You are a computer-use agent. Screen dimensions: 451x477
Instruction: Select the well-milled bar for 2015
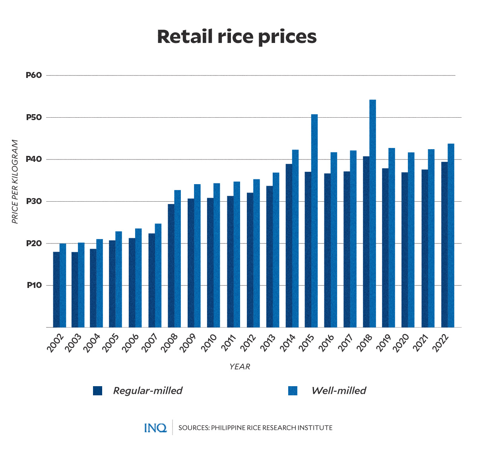point(314,221)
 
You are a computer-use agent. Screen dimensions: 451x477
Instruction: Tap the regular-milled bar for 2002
point(56,290)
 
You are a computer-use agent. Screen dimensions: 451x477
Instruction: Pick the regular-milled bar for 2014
point(289,245)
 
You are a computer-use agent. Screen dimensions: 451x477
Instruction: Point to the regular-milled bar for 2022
point(444,245)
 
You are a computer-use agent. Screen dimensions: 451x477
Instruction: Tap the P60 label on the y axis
point(34,75)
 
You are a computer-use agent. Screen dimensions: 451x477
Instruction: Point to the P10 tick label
point(34,285)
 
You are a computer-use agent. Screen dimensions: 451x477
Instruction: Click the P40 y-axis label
point(34,159)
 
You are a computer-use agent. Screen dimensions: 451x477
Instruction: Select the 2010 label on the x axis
point(209,343)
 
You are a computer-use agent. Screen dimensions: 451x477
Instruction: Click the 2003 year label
point(74,343)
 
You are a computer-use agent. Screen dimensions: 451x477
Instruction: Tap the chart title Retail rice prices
point(237,37)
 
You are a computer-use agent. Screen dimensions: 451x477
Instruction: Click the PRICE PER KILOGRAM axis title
point(15,181)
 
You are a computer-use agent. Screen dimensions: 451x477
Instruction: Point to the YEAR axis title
point(240,367)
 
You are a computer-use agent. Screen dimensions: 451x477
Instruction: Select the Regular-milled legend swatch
point(98,391)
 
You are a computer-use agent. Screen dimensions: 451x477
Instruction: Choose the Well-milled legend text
point(339,391)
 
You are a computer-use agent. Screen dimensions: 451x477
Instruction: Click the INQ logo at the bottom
point(155,428)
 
